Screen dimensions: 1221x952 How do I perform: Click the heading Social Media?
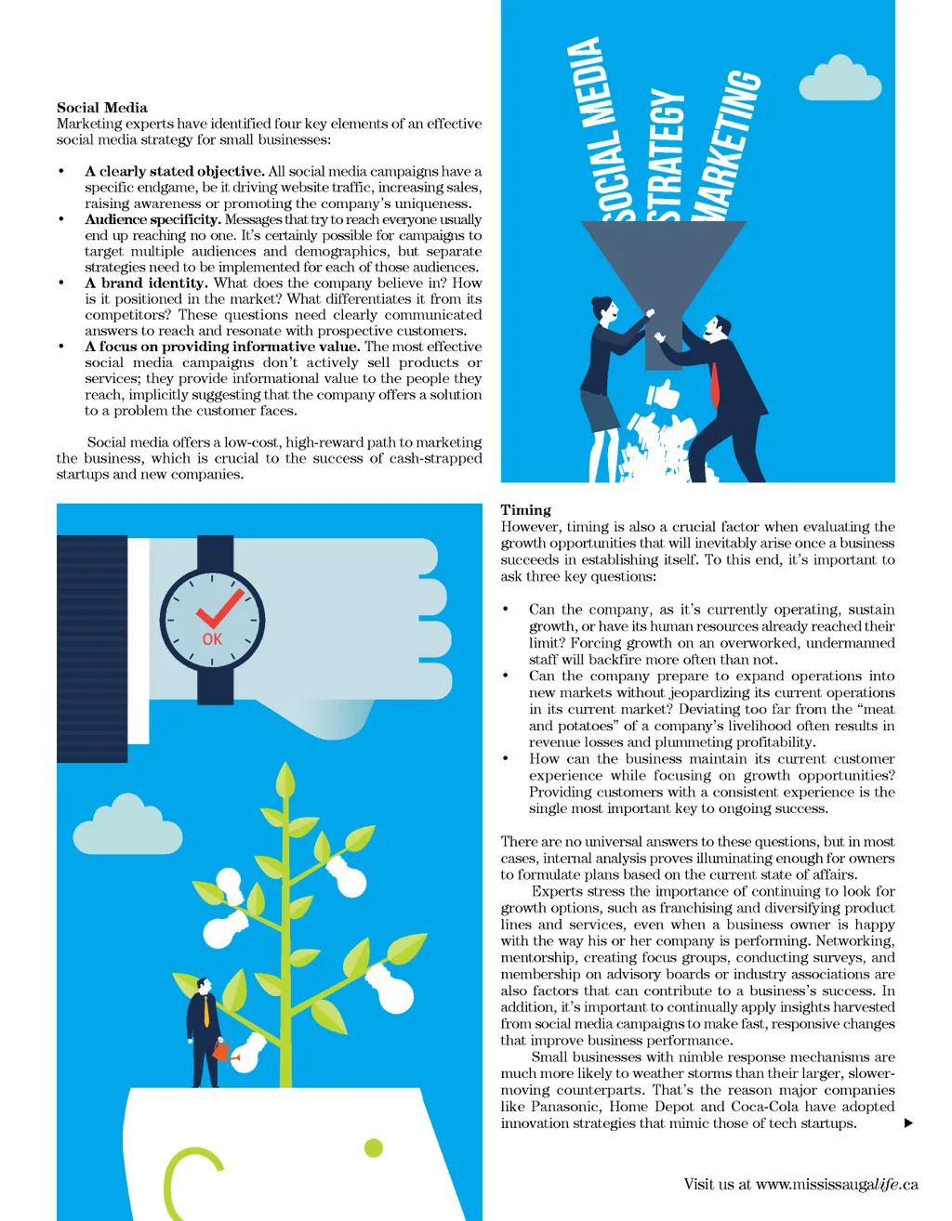point(102,108)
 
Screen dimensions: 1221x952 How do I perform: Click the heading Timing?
point(525,510)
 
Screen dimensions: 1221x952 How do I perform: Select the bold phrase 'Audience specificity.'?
point(152,219)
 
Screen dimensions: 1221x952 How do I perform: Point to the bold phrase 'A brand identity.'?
point(146,282)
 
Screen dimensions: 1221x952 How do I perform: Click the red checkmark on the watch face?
point(219,609)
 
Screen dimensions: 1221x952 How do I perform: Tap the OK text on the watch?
point(212,639)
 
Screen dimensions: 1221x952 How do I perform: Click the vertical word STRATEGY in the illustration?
point(667,156)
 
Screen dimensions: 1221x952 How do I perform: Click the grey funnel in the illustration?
point(662,270)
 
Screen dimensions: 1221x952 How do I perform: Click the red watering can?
point(223,1052)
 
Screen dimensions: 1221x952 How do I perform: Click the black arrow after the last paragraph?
point(908,1123)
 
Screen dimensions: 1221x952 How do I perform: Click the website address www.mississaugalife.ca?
point(837,1185)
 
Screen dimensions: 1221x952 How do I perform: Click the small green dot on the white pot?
point(374,1148)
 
